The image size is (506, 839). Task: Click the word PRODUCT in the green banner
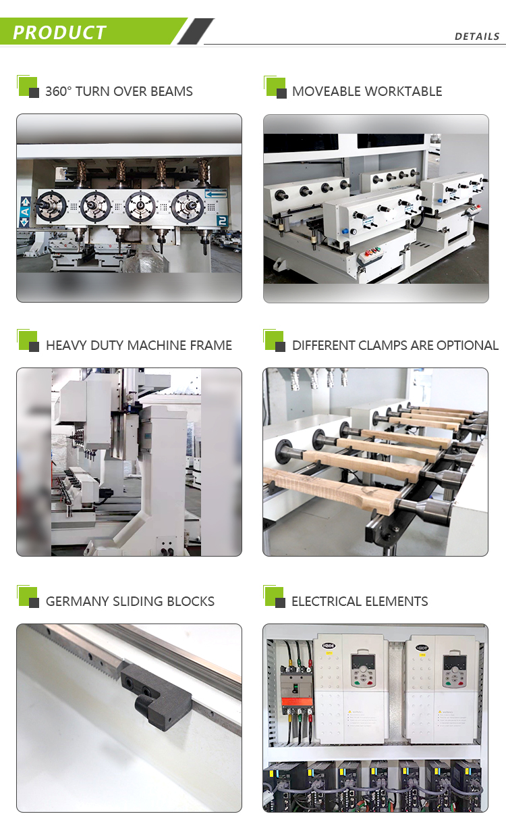click(59, 32)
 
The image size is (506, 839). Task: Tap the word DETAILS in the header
click(477, 36)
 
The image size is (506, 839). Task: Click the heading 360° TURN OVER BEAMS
click(119, 91)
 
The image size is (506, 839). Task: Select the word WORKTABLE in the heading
click(403, 91)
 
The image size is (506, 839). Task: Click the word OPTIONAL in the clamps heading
click(467, 345)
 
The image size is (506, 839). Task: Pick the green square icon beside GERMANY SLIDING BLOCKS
click(28, 597)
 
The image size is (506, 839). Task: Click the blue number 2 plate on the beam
click(221, 220)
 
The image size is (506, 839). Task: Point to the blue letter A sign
click(25, 211)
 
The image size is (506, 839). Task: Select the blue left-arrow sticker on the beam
click(216, 194)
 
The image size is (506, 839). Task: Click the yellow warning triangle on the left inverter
click(352, 711)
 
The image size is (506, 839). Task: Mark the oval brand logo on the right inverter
click(422, 646)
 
